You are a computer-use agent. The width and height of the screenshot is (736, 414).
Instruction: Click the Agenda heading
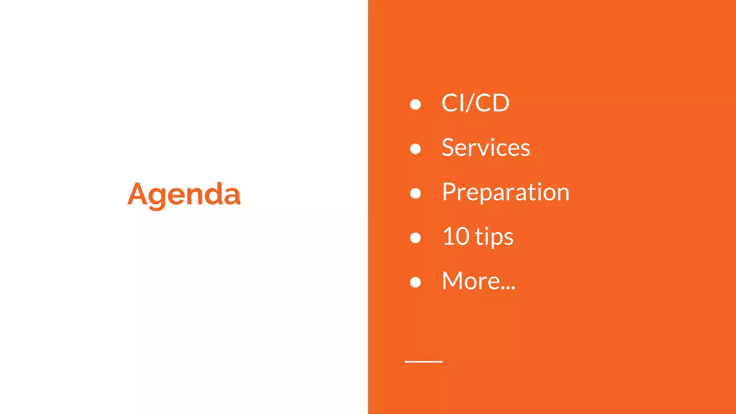pyautogui.click(x=184, y=194)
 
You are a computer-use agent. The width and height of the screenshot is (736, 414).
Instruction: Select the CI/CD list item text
pyautogui.click(x=475, y=103)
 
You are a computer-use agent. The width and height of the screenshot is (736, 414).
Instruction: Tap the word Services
pyautogui.click(x=486, y=148)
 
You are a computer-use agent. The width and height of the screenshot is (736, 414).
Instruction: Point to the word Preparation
pyautogui.click(x=505, y=192)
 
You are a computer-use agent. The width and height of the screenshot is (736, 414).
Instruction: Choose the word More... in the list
pyautogui.click(x=478, y=281)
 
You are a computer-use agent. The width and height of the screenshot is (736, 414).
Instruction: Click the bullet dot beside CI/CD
pyautogui.click(x=415, y=104)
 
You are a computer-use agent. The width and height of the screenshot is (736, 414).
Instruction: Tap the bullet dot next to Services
pyautogui.click(x=415, y=149)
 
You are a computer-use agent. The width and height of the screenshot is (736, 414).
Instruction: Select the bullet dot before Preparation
pyautogui.click(x=415, y=193)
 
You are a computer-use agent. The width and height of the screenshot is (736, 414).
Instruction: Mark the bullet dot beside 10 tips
pyautogui.click(x=415, y=238)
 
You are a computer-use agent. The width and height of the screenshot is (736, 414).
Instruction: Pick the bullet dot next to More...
pyautogui.click(x=415, y=282)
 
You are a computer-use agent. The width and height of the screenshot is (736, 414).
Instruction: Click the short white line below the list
pyautogui.click(x=423, y=362)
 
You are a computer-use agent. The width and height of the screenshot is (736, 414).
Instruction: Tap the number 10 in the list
pyautogui.click(x=456, y=237)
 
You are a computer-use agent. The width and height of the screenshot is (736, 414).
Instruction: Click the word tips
pyautogui.click(x=494, y=238)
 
